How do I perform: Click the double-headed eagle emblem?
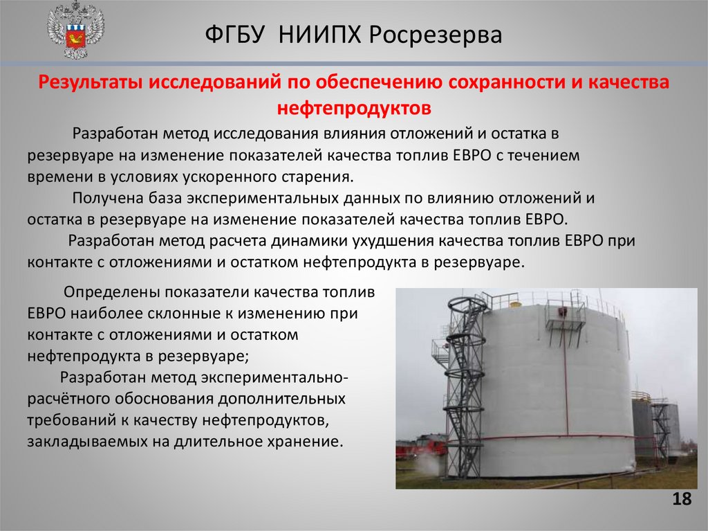click(x=76, y=31)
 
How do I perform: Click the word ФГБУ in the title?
click(x=234, y=35)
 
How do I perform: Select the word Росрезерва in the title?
click(x=436, y=35)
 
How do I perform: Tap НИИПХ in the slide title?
click(x=319, y=35)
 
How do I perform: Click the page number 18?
click(x=682, y=499)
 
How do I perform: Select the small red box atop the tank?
click(x=563, y=311)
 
